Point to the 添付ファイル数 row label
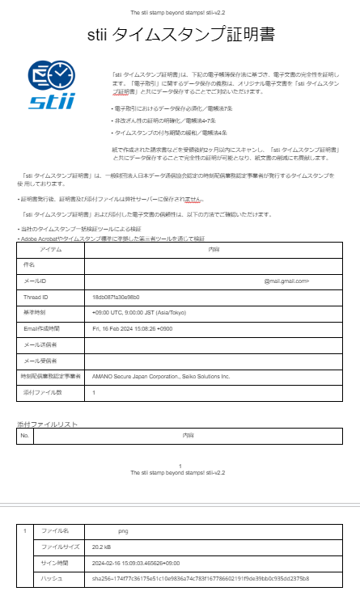(39, 392)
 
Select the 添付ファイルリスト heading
(47, 424)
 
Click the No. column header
(24, 436)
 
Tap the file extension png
(123, 531)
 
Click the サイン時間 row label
(57, 563)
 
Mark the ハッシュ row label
(52, 579)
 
